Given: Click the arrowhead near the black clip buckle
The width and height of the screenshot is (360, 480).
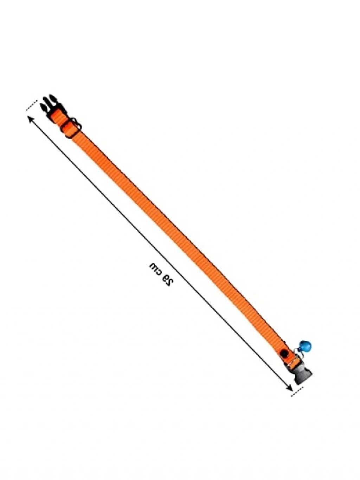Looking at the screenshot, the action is pos(30,120).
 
